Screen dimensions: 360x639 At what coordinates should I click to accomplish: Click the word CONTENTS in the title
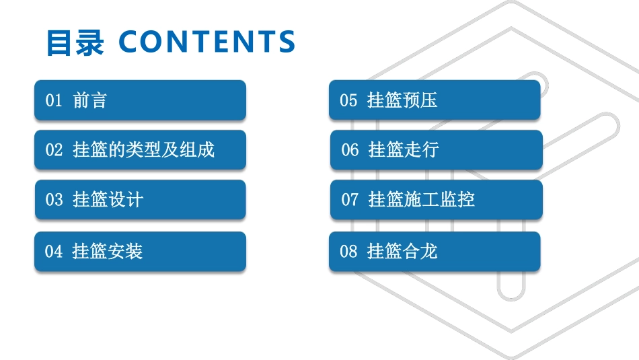(207, 42)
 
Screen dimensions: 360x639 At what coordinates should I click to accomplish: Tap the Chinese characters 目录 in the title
(75, 42)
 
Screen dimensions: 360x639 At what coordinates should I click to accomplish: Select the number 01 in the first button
(54, 101)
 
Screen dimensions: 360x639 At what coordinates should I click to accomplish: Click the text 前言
(90, 101)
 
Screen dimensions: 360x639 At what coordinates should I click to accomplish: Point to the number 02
(54, 150)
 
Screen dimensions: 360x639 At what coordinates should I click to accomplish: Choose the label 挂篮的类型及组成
(143, 150)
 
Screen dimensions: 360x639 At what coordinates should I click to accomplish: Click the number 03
(54, 200)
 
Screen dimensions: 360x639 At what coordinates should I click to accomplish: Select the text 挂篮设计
(108, 200)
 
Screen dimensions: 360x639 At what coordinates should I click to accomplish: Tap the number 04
(54, 252)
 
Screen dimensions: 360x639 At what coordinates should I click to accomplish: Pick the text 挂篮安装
(108, 252)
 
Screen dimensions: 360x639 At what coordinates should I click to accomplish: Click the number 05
(348, 101)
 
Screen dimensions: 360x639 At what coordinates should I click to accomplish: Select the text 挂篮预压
(402, 101)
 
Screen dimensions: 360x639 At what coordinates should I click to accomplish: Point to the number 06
(350, 150)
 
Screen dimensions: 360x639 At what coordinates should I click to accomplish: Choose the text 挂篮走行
(404, 150)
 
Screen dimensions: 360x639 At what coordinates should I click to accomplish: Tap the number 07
(350, 200)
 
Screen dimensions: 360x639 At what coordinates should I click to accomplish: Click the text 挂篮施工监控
(422, 200)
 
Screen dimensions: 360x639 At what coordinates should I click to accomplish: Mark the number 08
(348, 252)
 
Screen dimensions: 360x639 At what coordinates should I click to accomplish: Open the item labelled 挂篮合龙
(402, 252)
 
